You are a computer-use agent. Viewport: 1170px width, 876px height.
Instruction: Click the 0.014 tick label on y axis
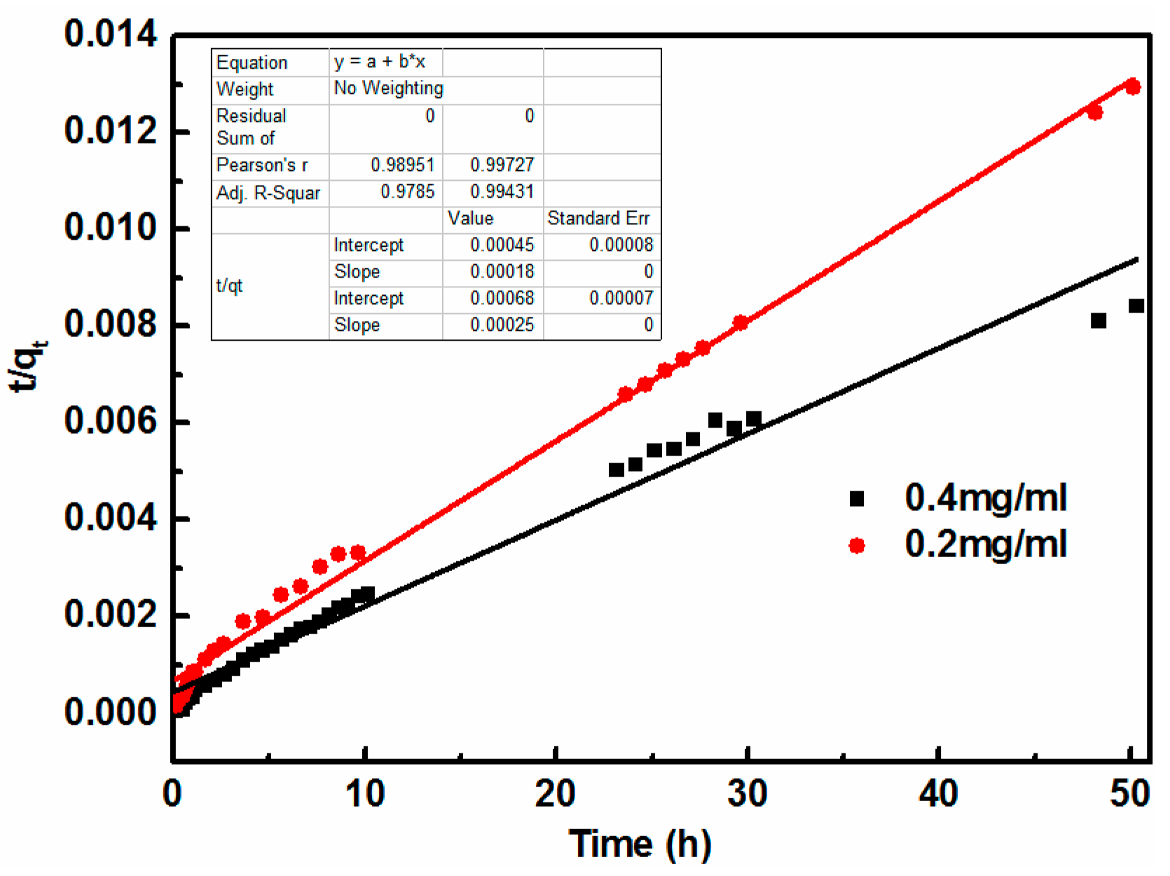(x=110, y=34)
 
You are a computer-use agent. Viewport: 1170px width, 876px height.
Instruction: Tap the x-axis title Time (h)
(x=640, y=844)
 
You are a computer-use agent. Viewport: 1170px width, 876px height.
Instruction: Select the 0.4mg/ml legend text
(x=985, y=498)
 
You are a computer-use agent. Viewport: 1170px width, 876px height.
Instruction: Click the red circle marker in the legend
(x=856, y=545)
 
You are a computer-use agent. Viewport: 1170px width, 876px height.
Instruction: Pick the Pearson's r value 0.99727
(x=502, y=165)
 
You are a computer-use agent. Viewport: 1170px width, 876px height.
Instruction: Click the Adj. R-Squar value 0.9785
(x=407, y=192)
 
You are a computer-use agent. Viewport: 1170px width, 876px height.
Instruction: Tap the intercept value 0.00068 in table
(x=502, y=299)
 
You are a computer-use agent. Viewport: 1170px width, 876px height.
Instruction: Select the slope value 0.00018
(x=502, y=272)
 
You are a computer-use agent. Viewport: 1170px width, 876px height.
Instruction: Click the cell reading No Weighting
(x=388, y=88)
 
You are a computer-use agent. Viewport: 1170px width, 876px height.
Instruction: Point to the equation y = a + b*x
(x=379, y=62)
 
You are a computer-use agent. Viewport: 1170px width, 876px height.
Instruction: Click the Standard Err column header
(x=598, y=219)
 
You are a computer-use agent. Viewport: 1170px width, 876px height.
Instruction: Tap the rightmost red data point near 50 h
(x=1133, y=87)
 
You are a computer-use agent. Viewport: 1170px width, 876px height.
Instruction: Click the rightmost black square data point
(x=1136, y=306)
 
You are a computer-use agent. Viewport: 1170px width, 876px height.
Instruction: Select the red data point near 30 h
(x=741, y=322)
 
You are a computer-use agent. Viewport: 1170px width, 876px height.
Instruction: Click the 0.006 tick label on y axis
(x=110, y=422)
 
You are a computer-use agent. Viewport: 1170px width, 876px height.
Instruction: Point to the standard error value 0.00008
(x=621, y=245)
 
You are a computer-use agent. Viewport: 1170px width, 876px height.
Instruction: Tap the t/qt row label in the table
(x=229, y=286)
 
